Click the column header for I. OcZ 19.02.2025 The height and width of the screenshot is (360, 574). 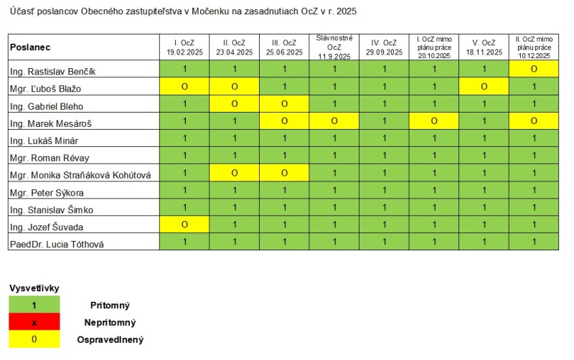(184, 47)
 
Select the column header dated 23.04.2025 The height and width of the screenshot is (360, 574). (234, 47)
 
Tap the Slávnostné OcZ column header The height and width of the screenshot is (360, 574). (334, 47)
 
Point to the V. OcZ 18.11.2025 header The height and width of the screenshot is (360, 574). (484, 47)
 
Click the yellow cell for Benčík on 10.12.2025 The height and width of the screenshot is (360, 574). (534, 70)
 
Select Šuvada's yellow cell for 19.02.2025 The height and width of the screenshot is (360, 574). (184, 225)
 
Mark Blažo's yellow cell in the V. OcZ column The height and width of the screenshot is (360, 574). (484, 87)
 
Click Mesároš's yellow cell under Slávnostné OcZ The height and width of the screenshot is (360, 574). (334, 122)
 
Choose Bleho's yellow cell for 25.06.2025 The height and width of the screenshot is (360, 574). (284, 104)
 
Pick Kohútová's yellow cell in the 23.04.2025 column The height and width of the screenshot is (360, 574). (234, 174)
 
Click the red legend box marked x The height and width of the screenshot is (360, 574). (34, 323)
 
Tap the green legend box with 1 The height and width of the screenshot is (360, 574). (34, 305)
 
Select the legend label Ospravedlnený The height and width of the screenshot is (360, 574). (110, 340)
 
